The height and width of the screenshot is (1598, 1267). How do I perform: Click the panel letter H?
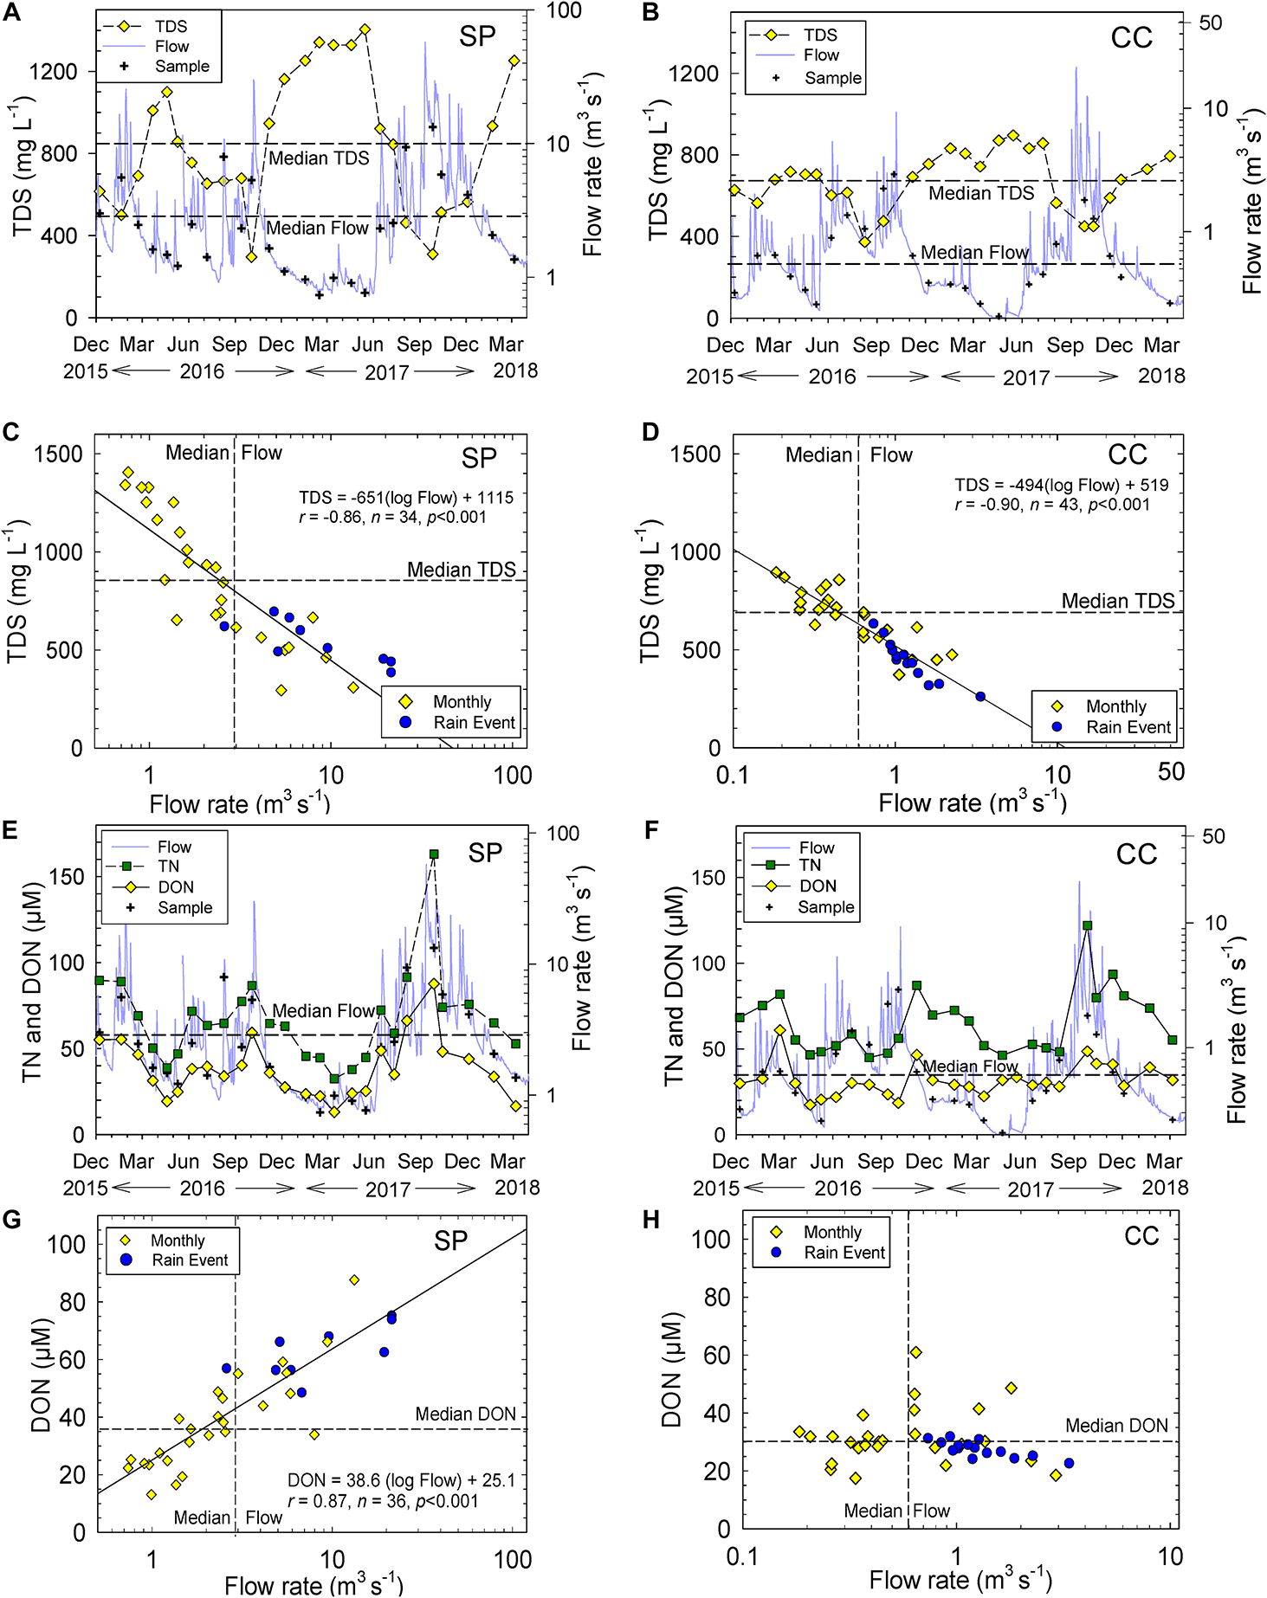(x=651, y=1220)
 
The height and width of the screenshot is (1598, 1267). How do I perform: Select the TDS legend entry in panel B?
(x=819, y=35)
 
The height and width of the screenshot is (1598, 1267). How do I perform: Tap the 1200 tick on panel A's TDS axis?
(x=54, y=72)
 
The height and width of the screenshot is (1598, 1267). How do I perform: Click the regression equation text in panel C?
(x=406, y=498)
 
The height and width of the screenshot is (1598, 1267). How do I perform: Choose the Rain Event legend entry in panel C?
(x=474, y=723)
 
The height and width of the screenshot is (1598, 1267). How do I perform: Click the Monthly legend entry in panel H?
(x=832, y=1232)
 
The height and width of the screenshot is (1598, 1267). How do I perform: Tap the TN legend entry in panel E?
(x=168, y=867)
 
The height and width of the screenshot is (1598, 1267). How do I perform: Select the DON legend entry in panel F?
(x=818, y=886)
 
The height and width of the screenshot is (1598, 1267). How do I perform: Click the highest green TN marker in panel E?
(x=434, y=854)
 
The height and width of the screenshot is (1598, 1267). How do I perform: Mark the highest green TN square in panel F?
(x=1088, y=925)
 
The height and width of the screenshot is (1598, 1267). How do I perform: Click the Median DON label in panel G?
(x=465, y=1414)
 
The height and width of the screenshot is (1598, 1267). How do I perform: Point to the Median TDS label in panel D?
(x=1118, y=601)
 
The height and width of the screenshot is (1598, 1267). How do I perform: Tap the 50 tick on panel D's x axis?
(x=1171, y=772)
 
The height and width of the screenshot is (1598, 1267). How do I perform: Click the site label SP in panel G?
(x=450, y=1241)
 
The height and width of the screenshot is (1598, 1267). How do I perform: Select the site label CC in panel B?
(x=1131, y=38)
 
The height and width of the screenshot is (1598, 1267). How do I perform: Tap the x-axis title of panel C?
(x=239, y=804)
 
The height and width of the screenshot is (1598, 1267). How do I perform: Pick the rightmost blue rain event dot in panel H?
(x=1069, y=1463)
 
